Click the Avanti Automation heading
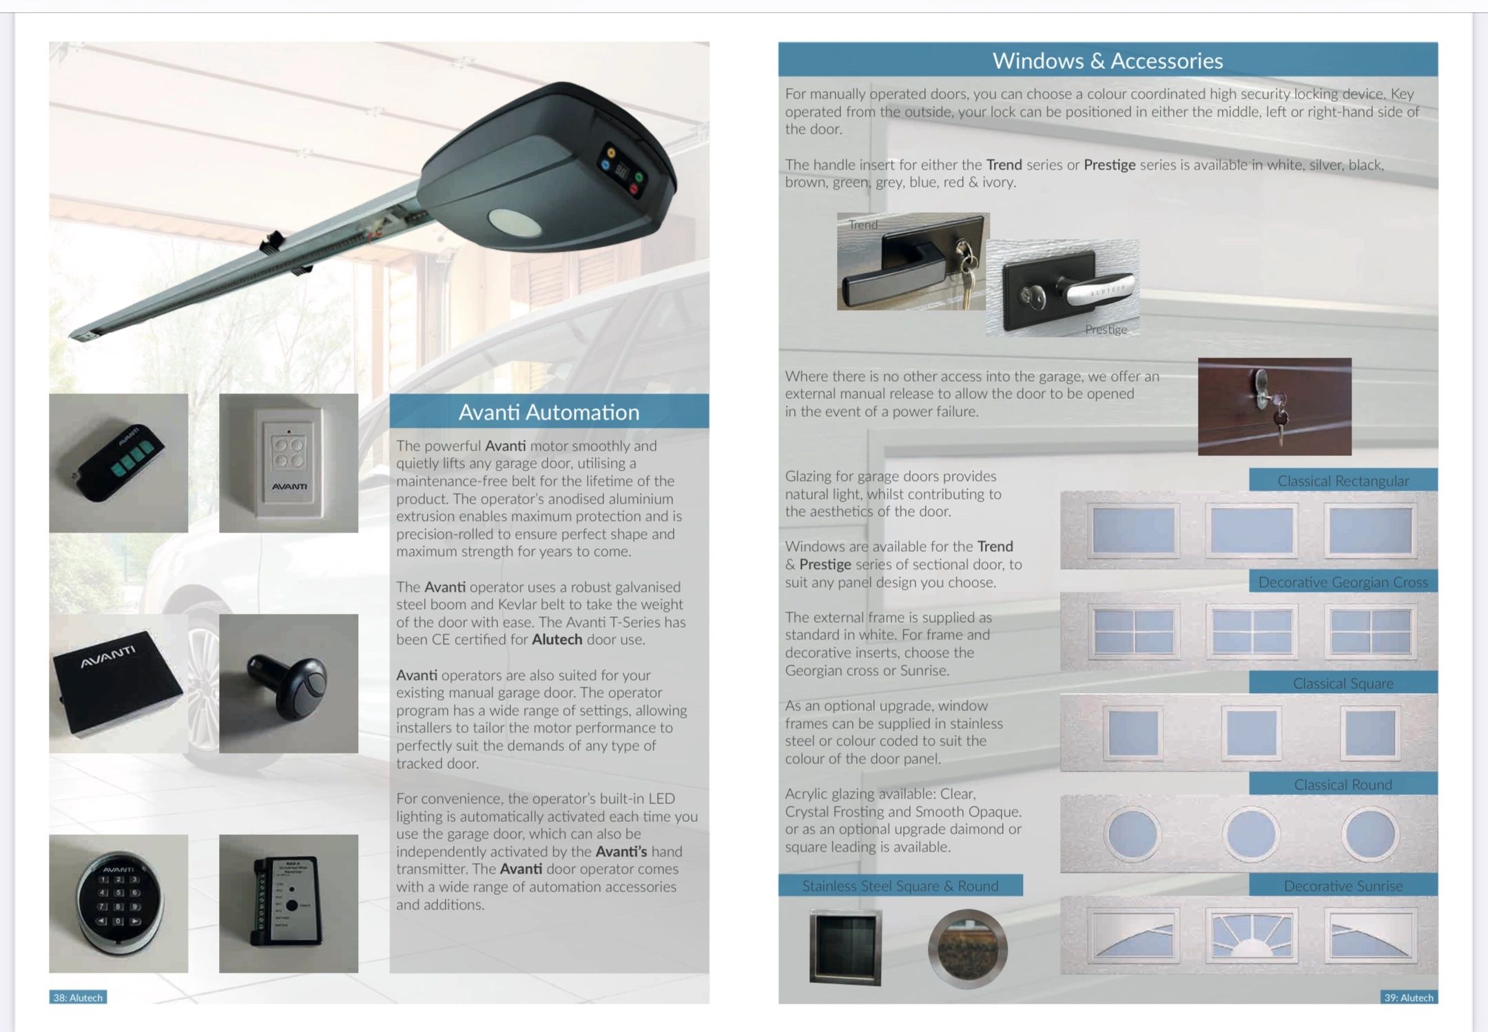click(549, 412)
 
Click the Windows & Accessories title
click(1108, 61)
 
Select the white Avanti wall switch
click(289, 462)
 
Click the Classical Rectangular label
click(1343, 481)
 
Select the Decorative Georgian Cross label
click(1343, 582)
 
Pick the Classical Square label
click(1343, 683)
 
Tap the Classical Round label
click(1343, 785)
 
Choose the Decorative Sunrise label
click(1343, 886)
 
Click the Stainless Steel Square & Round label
click(900, 886)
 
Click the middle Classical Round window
click(1251, 834)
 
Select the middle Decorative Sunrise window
click(1251, 935)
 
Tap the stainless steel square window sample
click(845, 947)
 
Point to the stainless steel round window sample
click(967, 949)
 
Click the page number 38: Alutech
click(78, 998)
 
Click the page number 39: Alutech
click(1409, 998)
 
